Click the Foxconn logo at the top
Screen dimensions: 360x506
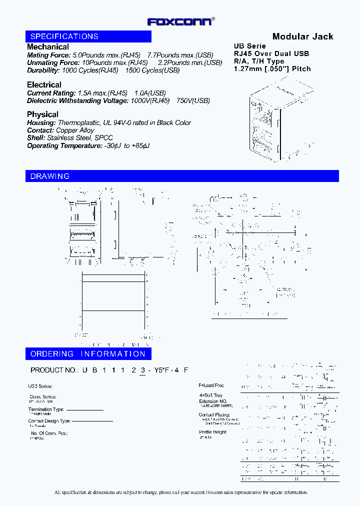pyautogui.click(x=180, y=21)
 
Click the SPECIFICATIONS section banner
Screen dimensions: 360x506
pyautogui.click(x=64, y=36)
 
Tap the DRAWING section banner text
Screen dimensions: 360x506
pyautogui.click(x=50, y=176)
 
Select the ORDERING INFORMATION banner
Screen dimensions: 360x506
pyautogui.click(x=87, y=354)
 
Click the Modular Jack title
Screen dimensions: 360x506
pyautogui.click(x=302, y=36)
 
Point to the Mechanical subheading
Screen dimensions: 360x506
pyautogui.click(x=48, y=47)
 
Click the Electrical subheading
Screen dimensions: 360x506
pyautogui.click(x=44, y=85)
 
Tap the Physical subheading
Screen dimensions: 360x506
pyautogui.click(x=42, y=114)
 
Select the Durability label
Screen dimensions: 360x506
pyautogui.click(x=43, y=70)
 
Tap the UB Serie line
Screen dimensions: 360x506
pyautogui.click(x=250, y=46)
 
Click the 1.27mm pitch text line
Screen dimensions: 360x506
pyautogui.click(x=272, y=68)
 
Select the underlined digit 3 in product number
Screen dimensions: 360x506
pyautogui.click(x=143, y=370)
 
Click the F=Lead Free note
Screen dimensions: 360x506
pyautogui.click(x=211, y=385)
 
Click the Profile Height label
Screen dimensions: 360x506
pyautogui.click(x=212, y=432)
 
